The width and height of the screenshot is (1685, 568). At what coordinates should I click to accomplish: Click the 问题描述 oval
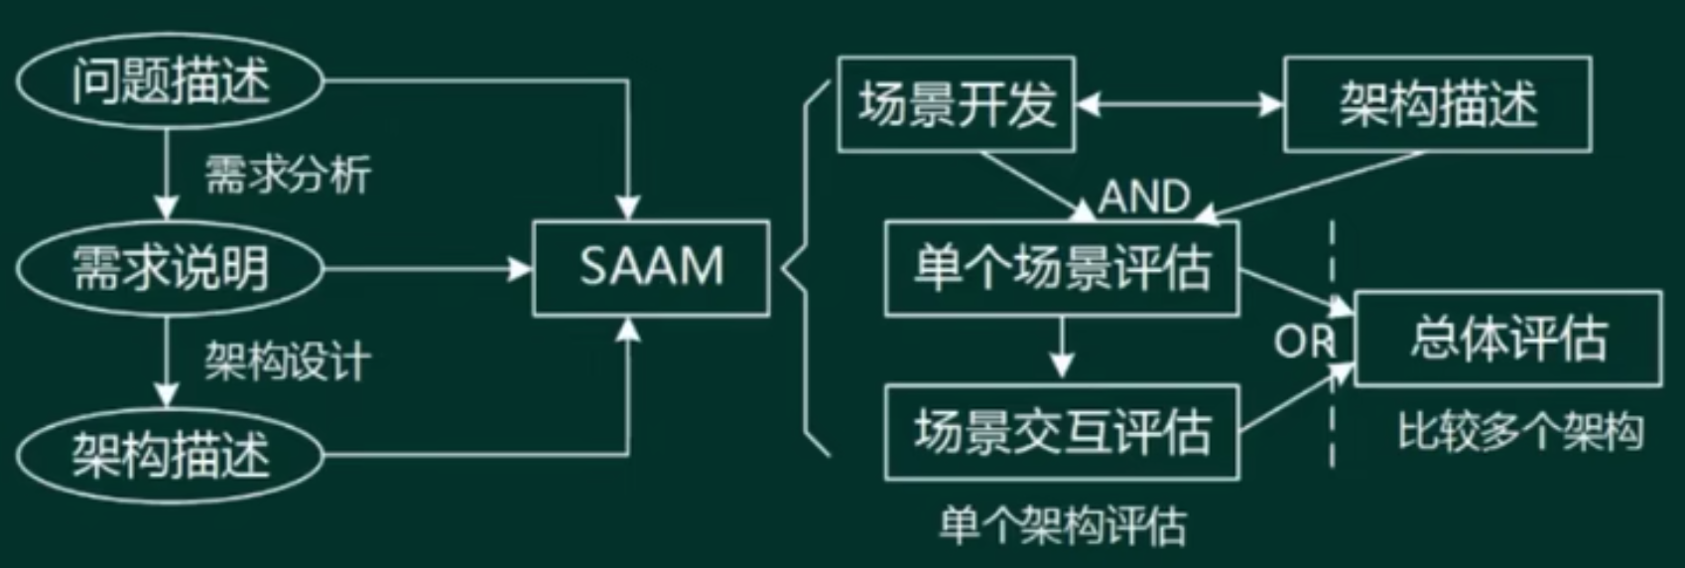point(170,80)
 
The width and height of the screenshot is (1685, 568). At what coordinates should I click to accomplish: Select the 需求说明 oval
point(170,268)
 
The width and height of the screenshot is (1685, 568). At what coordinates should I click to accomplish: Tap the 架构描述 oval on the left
point(170,456)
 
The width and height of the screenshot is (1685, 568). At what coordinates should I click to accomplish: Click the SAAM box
point(651,268)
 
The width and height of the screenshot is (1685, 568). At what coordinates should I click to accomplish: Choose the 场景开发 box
point(956,104)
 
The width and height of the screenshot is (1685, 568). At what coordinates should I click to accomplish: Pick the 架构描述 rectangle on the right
point(1437,104)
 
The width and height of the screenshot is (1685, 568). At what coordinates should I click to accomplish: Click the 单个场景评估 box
point(1062,268)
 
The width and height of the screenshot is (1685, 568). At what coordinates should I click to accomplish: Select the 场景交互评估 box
point(1062,432)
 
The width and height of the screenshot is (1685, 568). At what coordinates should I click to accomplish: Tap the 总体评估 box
point(1507,339)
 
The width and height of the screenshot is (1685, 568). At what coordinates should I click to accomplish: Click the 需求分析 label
point(288,175)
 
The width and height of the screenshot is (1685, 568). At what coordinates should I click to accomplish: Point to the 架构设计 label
point(288,361)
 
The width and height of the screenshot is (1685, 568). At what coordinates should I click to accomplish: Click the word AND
point(1144,197)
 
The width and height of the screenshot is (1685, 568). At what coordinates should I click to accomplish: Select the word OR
point(1304,343)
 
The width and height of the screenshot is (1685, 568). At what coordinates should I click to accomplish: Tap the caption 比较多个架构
point(1520,432)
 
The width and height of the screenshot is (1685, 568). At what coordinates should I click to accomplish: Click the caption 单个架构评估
point(1062,524)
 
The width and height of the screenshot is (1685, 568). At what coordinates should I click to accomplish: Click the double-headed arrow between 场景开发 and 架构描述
point(1179,104)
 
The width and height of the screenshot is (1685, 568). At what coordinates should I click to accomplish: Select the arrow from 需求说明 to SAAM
point(427,268)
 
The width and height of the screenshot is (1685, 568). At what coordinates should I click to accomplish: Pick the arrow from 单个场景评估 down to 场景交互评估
point(1062,348)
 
